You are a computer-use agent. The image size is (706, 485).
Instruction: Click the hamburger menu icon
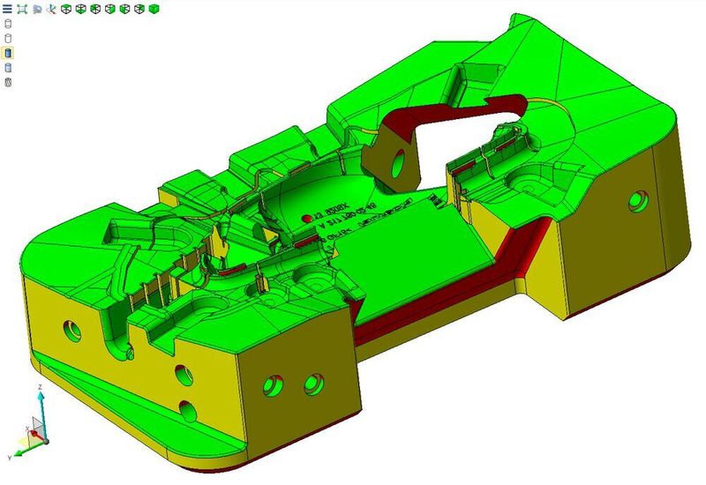click(8, 9)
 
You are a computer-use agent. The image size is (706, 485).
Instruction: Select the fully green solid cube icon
click(154, 9)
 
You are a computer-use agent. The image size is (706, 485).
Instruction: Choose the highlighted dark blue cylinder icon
click(8, 53)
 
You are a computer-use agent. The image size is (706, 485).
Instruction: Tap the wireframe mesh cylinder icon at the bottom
click(8, 82)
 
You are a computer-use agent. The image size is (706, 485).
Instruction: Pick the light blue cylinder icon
click(8, 67)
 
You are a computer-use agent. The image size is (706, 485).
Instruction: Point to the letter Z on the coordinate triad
click(41, 386)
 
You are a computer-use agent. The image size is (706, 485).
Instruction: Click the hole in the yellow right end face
click(636, 203)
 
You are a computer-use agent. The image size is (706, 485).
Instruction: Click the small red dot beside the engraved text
click(306, 216)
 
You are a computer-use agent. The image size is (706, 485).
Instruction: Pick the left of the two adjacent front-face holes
click(273, 384)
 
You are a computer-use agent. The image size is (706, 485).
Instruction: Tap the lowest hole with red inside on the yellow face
click(187, 408)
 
